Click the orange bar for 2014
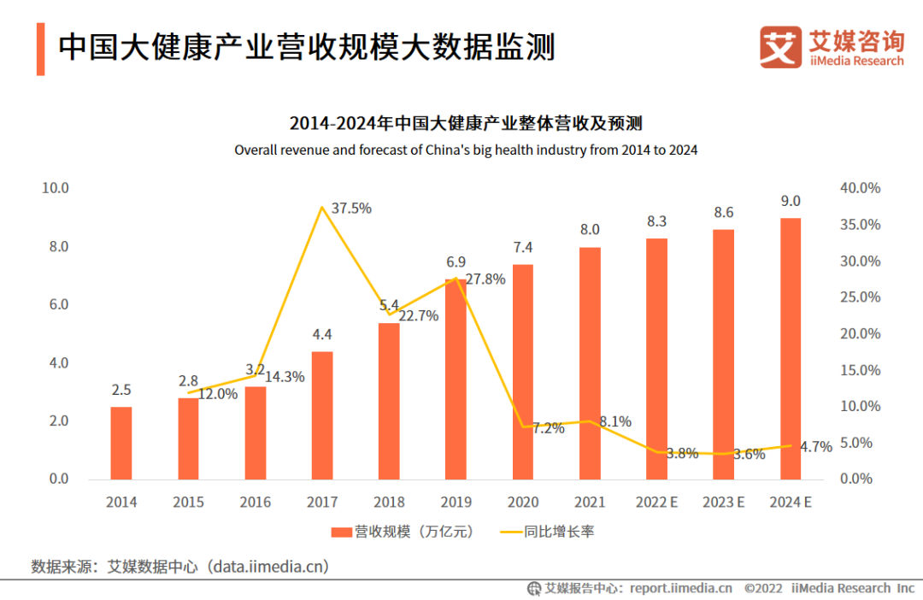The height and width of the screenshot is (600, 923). [x=121, y=443]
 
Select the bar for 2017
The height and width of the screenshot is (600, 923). [x=322, y=415]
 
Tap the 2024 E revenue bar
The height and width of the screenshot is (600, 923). [x=791, y=349]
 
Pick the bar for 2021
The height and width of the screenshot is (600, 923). [x=590, y=363]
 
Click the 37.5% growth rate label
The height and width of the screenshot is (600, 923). [x=350, y=209]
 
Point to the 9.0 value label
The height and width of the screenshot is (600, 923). [x=791, y=202]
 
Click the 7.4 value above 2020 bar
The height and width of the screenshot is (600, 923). [x=523, y=248]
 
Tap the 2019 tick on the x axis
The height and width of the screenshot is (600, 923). [x=456, y=503]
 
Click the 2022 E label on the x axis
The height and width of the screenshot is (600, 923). [x=656, y=503]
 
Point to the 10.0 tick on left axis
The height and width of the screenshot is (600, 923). [x=56, y=188]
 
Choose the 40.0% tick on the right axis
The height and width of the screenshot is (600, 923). [x=860, y=188]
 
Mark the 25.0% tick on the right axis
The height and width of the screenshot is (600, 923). [x=860, y=297]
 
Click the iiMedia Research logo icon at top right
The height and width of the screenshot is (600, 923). [x=780, y=47]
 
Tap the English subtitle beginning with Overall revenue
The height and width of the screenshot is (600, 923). [x=466, y=150]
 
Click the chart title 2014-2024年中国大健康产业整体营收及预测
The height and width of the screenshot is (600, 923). [x=466, y=123]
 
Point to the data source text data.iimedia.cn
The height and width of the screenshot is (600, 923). [x=271, y=566]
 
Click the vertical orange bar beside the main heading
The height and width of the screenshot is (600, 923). [x=40, y=49]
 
